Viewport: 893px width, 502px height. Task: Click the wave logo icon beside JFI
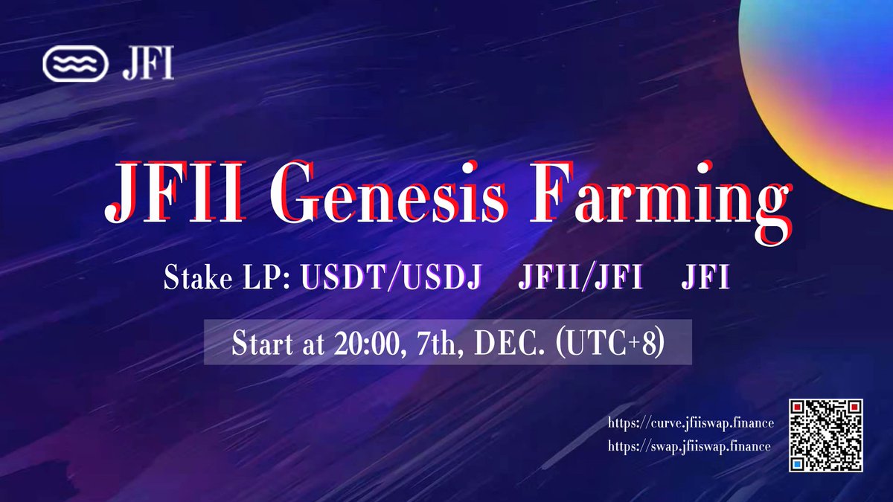tap(75, 64)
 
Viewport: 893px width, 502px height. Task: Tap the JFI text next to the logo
tap(148, 64)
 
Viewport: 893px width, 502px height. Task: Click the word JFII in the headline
tap(176, 192)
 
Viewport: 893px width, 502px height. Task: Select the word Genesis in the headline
tap(389, 192)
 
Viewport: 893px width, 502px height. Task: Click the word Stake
tap(198, 277)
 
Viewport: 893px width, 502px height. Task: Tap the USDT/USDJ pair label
tap(391, 277)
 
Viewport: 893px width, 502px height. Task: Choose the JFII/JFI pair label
tap(580, 277)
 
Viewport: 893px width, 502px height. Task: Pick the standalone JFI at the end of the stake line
tap(705, 277)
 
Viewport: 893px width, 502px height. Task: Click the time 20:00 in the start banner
tap(367, 343)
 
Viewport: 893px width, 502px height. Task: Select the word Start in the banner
tap(262, 343)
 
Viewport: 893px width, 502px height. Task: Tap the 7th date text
tap(436, 344)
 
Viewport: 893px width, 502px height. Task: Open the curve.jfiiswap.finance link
tap(691, 423)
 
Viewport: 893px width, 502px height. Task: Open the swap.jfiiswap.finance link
tap(689, 446)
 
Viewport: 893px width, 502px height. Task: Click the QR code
tap(826, 436)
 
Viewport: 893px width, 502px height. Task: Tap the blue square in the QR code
tap(797, 464)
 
